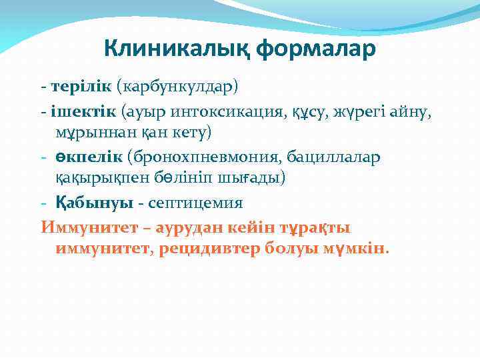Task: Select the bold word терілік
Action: click(x=81, y=87)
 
